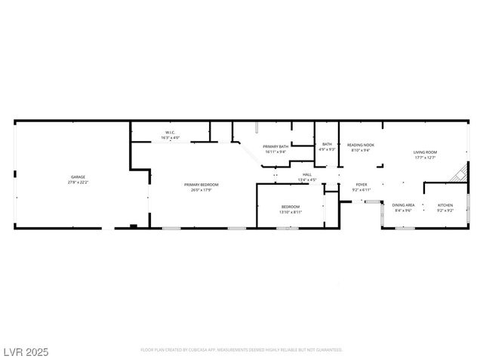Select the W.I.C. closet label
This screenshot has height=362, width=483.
(171, 133)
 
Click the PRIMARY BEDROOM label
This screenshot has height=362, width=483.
(202, 185)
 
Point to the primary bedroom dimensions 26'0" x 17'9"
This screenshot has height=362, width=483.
(202, 190)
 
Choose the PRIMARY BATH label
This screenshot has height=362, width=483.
(275, 146)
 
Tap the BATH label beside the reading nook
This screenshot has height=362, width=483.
(327, 144)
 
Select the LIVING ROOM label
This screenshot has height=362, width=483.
(425, 152)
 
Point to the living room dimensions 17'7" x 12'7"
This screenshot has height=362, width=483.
(425, 158)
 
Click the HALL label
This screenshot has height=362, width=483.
(306, 174)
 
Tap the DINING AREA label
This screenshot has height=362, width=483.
(403, 205)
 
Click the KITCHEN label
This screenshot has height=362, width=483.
(445, 205)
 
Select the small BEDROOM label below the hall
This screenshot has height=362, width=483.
(291, 207)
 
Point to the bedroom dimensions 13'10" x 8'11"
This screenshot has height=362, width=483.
(291, 212)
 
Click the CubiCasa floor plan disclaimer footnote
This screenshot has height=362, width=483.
(241, 350)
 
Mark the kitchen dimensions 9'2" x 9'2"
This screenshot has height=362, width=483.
(445, 210)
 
